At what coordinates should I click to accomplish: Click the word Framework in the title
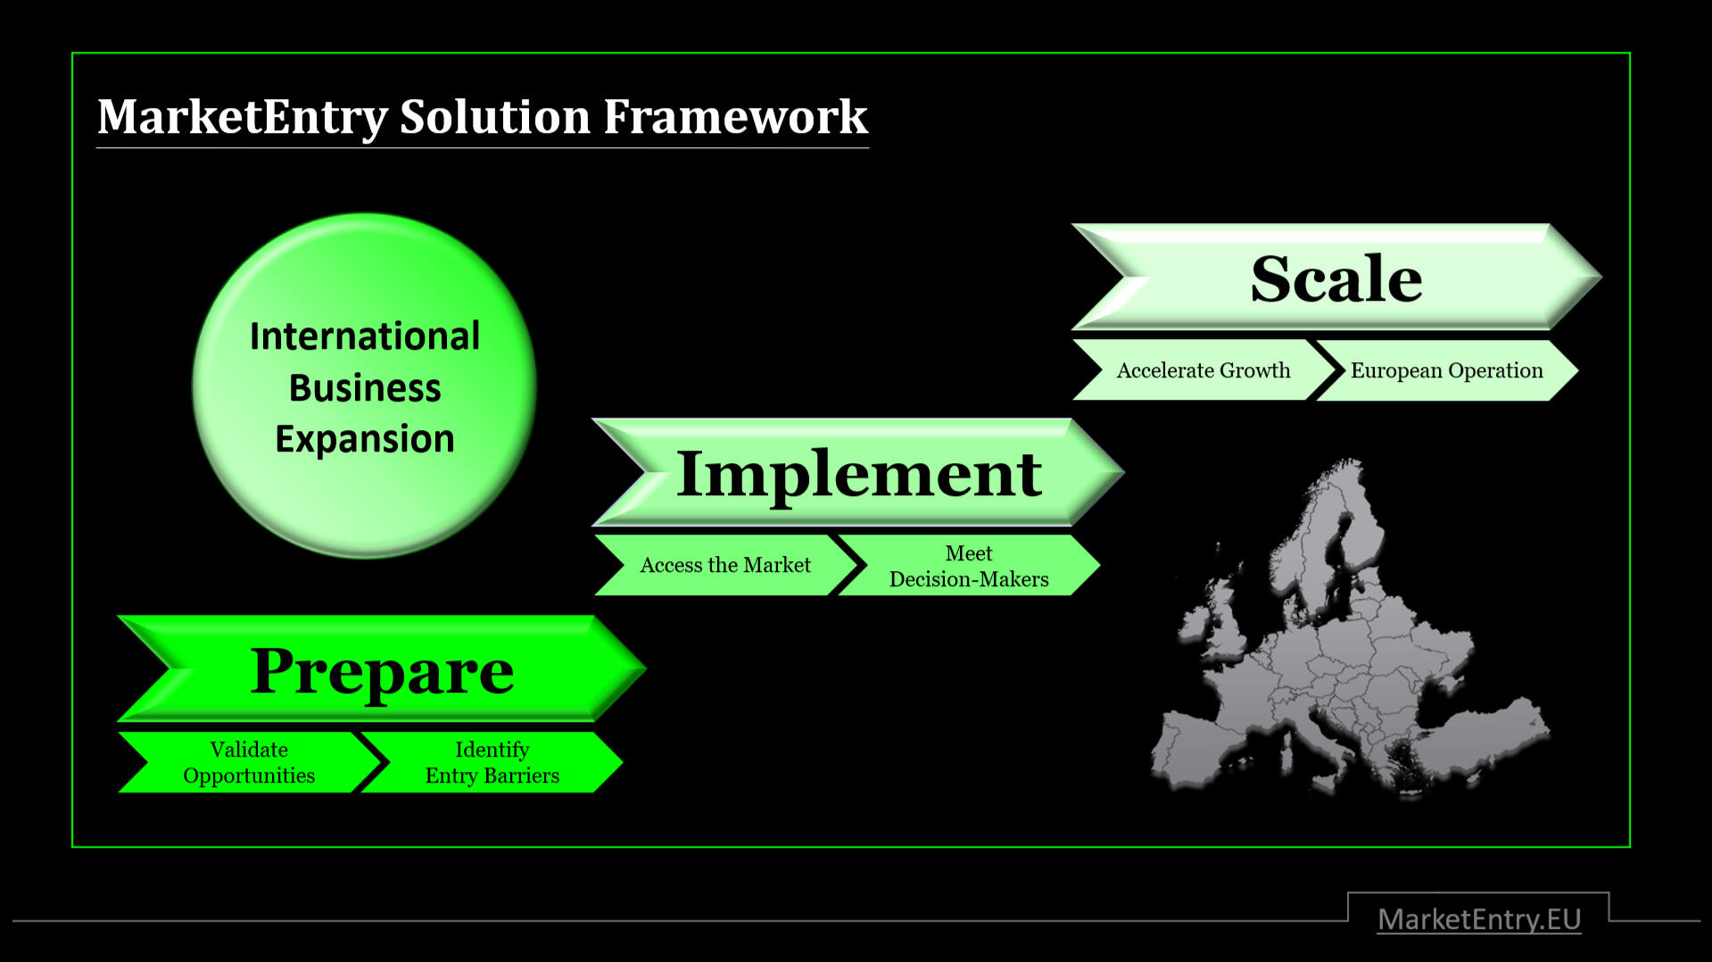[735, 117]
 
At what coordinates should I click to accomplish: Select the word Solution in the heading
[494, 117]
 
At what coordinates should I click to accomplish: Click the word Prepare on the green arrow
[382, 670]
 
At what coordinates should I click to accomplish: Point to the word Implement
[858, 474]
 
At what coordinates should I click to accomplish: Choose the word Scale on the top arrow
[1336, 279]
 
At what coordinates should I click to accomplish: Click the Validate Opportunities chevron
[248, 762]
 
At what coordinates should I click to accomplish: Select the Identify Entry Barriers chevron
[492, 762]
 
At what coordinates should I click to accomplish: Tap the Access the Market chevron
[724, 565]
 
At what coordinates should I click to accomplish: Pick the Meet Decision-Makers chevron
[968, 566]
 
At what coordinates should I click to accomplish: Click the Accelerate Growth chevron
[1203, 370]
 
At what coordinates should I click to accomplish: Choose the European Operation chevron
[1446, 370]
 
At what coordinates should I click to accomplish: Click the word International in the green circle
[364, 336]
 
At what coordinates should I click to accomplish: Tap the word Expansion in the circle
[364, 439]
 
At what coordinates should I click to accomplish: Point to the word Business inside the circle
[364, 388]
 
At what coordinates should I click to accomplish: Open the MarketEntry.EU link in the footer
[1478, 919]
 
